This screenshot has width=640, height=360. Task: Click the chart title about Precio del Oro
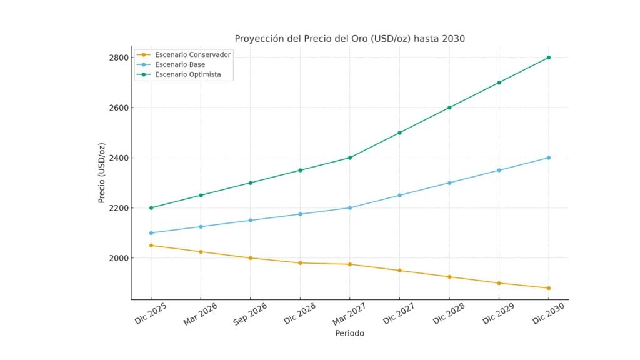349,39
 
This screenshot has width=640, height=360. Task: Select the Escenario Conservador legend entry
192,54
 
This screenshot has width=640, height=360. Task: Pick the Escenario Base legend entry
180,64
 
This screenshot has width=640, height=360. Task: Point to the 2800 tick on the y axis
118,57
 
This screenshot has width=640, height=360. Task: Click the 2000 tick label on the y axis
118,258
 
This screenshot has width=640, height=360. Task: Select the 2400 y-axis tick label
118,157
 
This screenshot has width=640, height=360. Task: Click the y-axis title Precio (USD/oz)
101,173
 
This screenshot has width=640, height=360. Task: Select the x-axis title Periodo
349,333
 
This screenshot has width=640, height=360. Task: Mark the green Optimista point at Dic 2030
549,57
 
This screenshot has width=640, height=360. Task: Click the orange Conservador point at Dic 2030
549,288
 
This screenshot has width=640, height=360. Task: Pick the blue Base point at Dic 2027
399,195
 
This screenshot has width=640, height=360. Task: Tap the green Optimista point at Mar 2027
350,157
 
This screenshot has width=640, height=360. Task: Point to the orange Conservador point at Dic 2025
151,246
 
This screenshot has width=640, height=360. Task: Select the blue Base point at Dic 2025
151,233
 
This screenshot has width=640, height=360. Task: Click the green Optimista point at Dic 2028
449,107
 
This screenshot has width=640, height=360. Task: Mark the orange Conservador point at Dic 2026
300,263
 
